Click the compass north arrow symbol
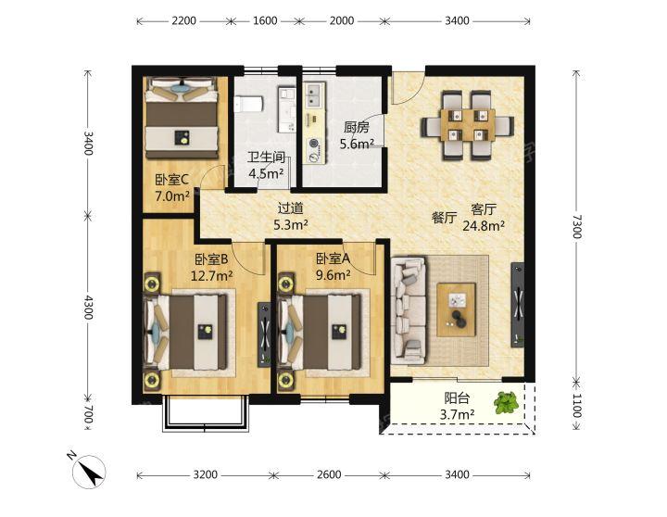click(89, 472)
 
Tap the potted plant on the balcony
click(506, 402)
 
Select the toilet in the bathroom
click(248, 104)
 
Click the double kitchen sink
click(314, 95)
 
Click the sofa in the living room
click(409, 309)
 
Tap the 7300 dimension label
click(576, 226)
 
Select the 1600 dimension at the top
click(265, 20)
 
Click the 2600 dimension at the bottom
click(328, 474)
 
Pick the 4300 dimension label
click(88, 308)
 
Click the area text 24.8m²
click(484, 225)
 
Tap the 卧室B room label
click(211, 258)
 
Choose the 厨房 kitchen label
click(357, 127)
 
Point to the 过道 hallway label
click(291, 208)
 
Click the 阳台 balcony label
click(457, 398)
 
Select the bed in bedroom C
click(182, 118)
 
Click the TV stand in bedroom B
click(264, 334)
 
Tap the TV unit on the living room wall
click(518, 305)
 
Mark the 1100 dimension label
click(576, 405)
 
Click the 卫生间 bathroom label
click(266, 157)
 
